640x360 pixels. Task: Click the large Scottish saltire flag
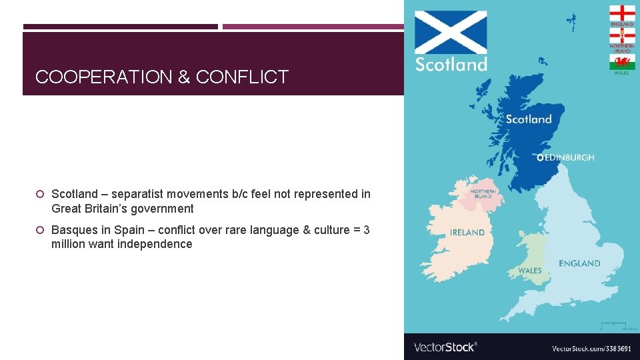pos(451,32)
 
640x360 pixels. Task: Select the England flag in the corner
pos(622,13)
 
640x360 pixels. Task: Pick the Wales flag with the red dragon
pos(622,62)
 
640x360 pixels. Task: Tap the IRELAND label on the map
pos(467,233)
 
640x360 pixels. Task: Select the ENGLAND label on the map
pos(579,263)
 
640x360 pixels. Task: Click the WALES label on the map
pos(530,271)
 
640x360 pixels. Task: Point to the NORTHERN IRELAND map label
pos(482,193)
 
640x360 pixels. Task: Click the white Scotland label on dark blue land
pos(529,119)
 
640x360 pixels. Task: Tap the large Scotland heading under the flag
pos(451,65)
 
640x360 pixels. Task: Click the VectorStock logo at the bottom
pos(445,347)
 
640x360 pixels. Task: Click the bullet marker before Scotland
pos(40,194)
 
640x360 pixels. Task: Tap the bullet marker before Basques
pos(40,230)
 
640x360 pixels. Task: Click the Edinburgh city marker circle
pos(540,158)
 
